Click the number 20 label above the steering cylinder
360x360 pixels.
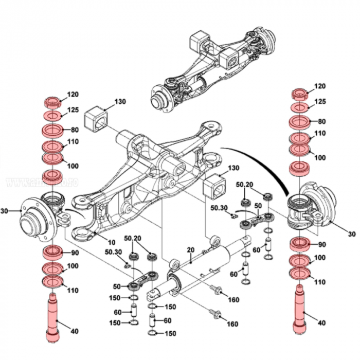click(x=190, y=249)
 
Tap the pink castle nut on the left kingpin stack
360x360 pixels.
click(x=51, y=101)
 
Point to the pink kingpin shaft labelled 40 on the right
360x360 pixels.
click(x=300, y=311)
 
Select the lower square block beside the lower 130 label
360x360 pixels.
click(x=215, y=186)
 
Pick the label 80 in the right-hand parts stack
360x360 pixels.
click(x=322, y=122)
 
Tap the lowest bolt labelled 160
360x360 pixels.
click(x=214, y=312)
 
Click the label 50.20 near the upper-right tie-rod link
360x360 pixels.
click(x=244, y=184)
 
